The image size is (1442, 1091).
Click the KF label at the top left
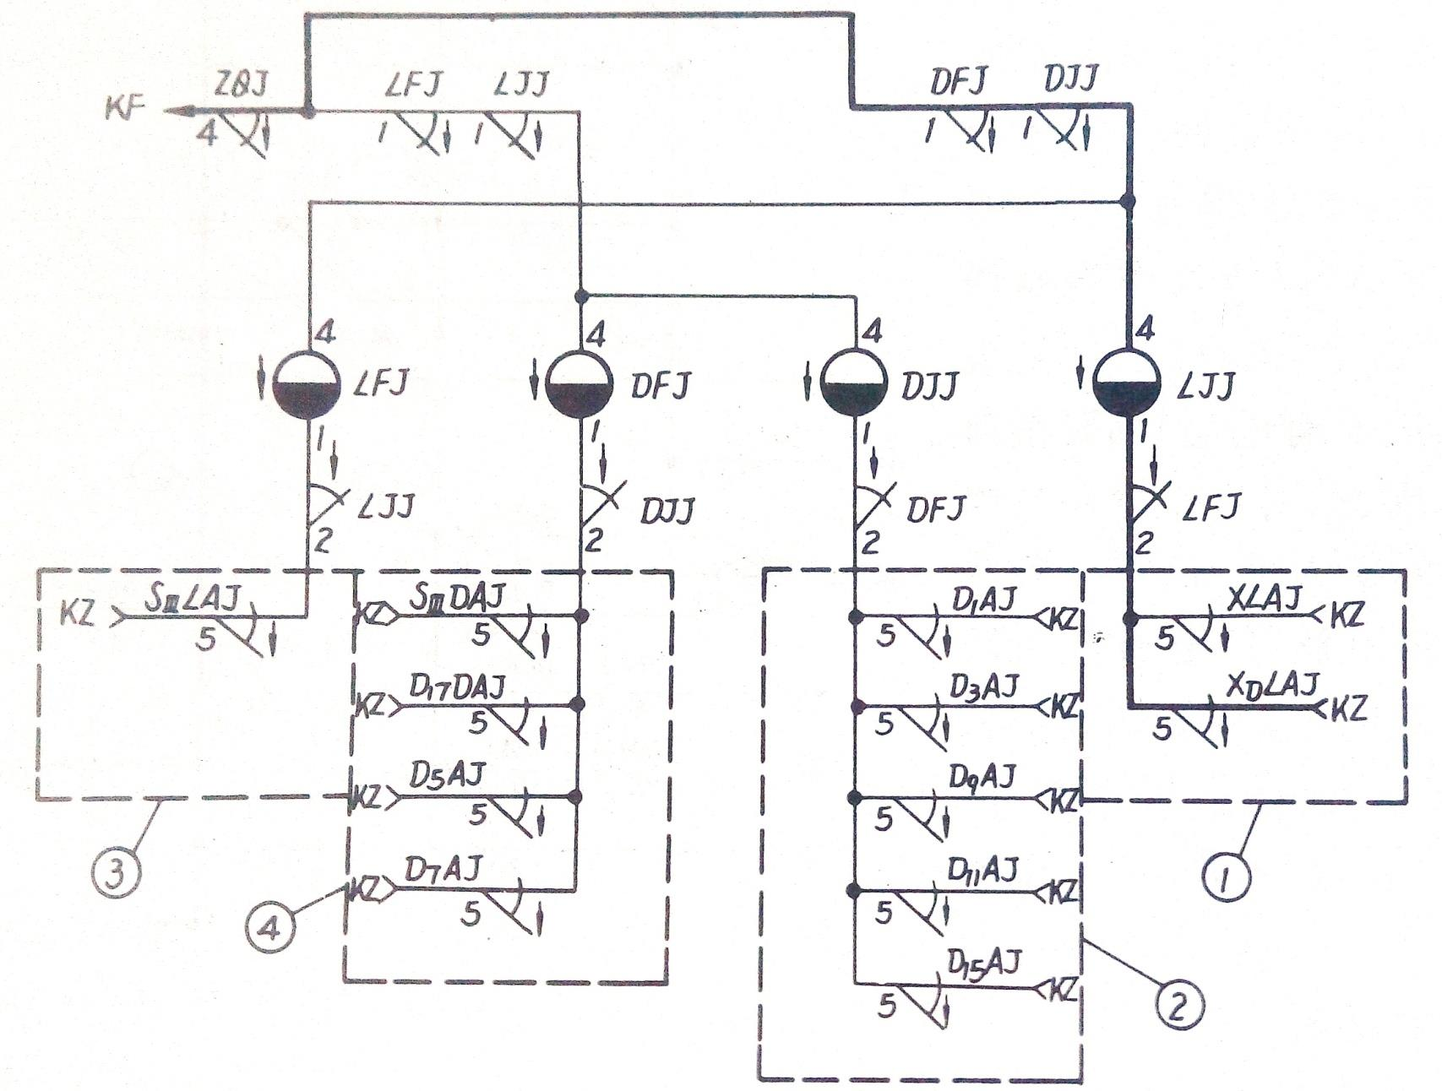125,109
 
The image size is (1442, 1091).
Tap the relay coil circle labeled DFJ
579,385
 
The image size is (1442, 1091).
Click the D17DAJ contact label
457,688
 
